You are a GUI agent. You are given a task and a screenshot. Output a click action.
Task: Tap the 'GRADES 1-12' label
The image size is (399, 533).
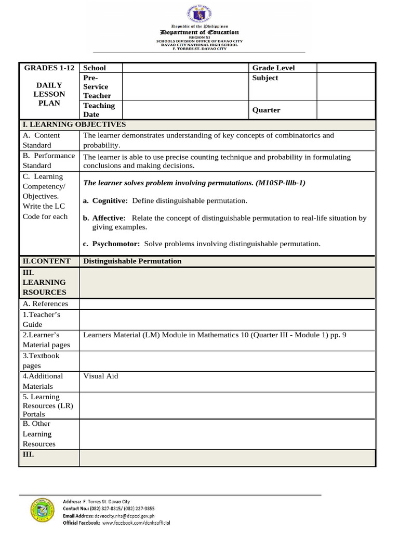pyautogui.click(x=48, y=68)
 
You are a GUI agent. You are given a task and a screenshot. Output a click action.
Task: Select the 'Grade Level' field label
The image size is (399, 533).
pyautogui.click(x=273, y=68)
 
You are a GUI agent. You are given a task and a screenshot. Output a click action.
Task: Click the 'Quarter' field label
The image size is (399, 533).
pyautogui.click(x=266, y=110)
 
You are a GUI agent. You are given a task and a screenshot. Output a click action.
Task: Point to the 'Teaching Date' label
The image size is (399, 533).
pyautogui.click(x=99, y=110)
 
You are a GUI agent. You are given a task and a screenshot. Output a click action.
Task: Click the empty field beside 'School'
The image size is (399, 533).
pyautogui.click(x=185, y=68)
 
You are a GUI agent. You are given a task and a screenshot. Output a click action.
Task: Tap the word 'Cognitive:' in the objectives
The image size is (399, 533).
pyautogui.click(x=110, y=201)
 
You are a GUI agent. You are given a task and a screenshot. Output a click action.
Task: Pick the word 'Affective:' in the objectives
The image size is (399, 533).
pyautogui.click(x=109, y=218)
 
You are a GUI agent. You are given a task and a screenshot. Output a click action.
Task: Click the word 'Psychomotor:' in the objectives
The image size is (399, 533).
pyautogui.click(x=116, y=244)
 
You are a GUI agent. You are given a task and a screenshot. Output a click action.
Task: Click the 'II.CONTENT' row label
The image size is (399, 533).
pyautogui.click(x=46, y=261)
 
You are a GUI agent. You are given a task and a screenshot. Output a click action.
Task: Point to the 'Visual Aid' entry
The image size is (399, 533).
pyautogui.click(x=100, y=376)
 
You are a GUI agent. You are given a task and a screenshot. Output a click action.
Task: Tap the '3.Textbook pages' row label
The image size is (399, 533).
pyautogui.click(x=41, y=361)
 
